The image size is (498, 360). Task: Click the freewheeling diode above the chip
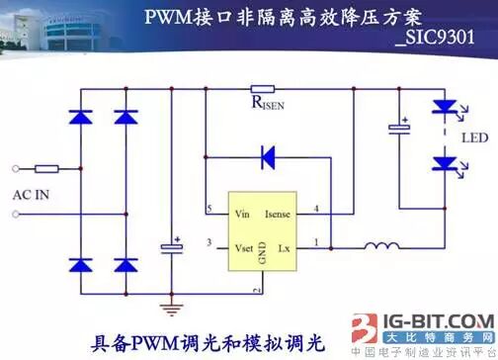pos(267,156)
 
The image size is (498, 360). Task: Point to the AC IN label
pos(31,195)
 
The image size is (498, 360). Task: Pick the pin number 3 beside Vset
pos(209,243)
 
